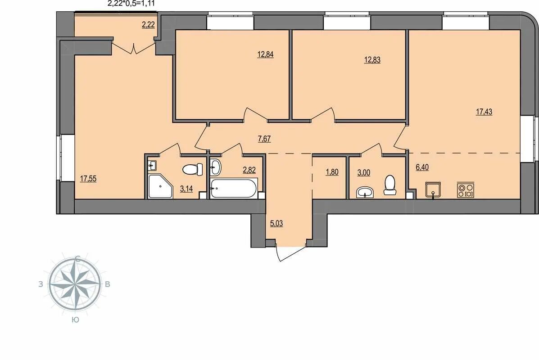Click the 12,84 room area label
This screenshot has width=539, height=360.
click(265, 54)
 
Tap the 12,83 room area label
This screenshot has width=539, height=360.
click(372, 60)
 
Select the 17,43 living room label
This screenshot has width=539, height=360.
click(484, 112)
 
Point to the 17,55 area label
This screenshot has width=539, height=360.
click(88, 179)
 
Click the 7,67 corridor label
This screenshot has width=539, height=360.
click(264, 139)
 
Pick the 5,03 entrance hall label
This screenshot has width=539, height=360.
click(276, 224)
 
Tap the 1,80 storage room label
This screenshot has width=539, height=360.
click(332, 172)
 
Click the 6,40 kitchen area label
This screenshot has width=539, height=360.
click(422, 167)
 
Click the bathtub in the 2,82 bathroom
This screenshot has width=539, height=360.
click(234, 188)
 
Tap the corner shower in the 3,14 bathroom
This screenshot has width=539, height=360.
click(160, 186)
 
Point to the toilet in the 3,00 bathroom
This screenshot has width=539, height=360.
click(390, 185)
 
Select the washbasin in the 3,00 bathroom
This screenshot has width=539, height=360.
click(365, 192)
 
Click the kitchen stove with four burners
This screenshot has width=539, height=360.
click(466, 190)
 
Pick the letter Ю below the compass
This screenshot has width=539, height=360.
click(75, 320)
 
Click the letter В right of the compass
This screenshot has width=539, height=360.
click(108, 284)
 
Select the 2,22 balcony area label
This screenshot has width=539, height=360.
click(148, 24)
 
